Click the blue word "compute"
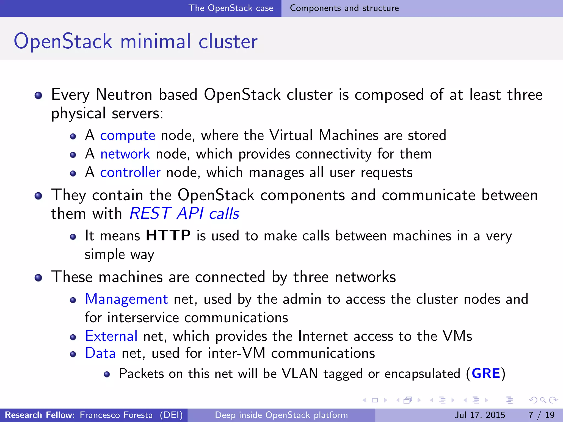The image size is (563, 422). [x=128, y=135]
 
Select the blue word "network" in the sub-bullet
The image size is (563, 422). [x=125, y=154]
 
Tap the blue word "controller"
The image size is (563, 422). [x=130, y=173]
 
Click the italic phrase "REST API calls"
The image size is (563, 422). [x=184, y=213]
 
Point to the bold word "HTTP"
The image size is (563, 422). [x=168, y=235]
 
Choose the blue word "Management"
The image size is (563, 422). [x=126, y=299]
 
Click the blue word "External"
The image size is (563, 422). [x=111, y=336]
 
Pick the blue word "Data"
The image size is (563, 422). [x=100, y=353]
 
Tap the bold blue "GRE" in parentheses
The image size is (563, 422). [x=486, y=374]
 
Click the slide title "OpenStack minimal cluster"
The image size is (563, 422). [x=136, y=41]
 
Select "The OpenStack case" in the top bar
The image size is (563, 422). [x=231, y=8]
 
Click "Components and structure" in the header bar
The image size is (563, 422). [x=344, y=8]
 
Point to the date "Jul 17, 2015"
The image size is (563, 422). [x=480, y=415]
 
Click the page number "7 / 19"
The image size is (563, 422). [x=541, y=415]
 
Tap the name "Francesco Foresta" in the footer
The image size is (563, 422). [x=116, y=415]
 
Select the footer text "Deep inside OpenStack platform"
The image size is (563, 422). [x=281, y=415]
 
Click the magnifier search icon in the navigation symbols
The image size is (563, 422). [x=543, y=400]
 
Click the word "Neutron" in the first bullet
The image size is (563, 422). [x=124, y=95]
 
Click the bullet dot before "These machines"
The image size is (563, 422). [x=38, y=278]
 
